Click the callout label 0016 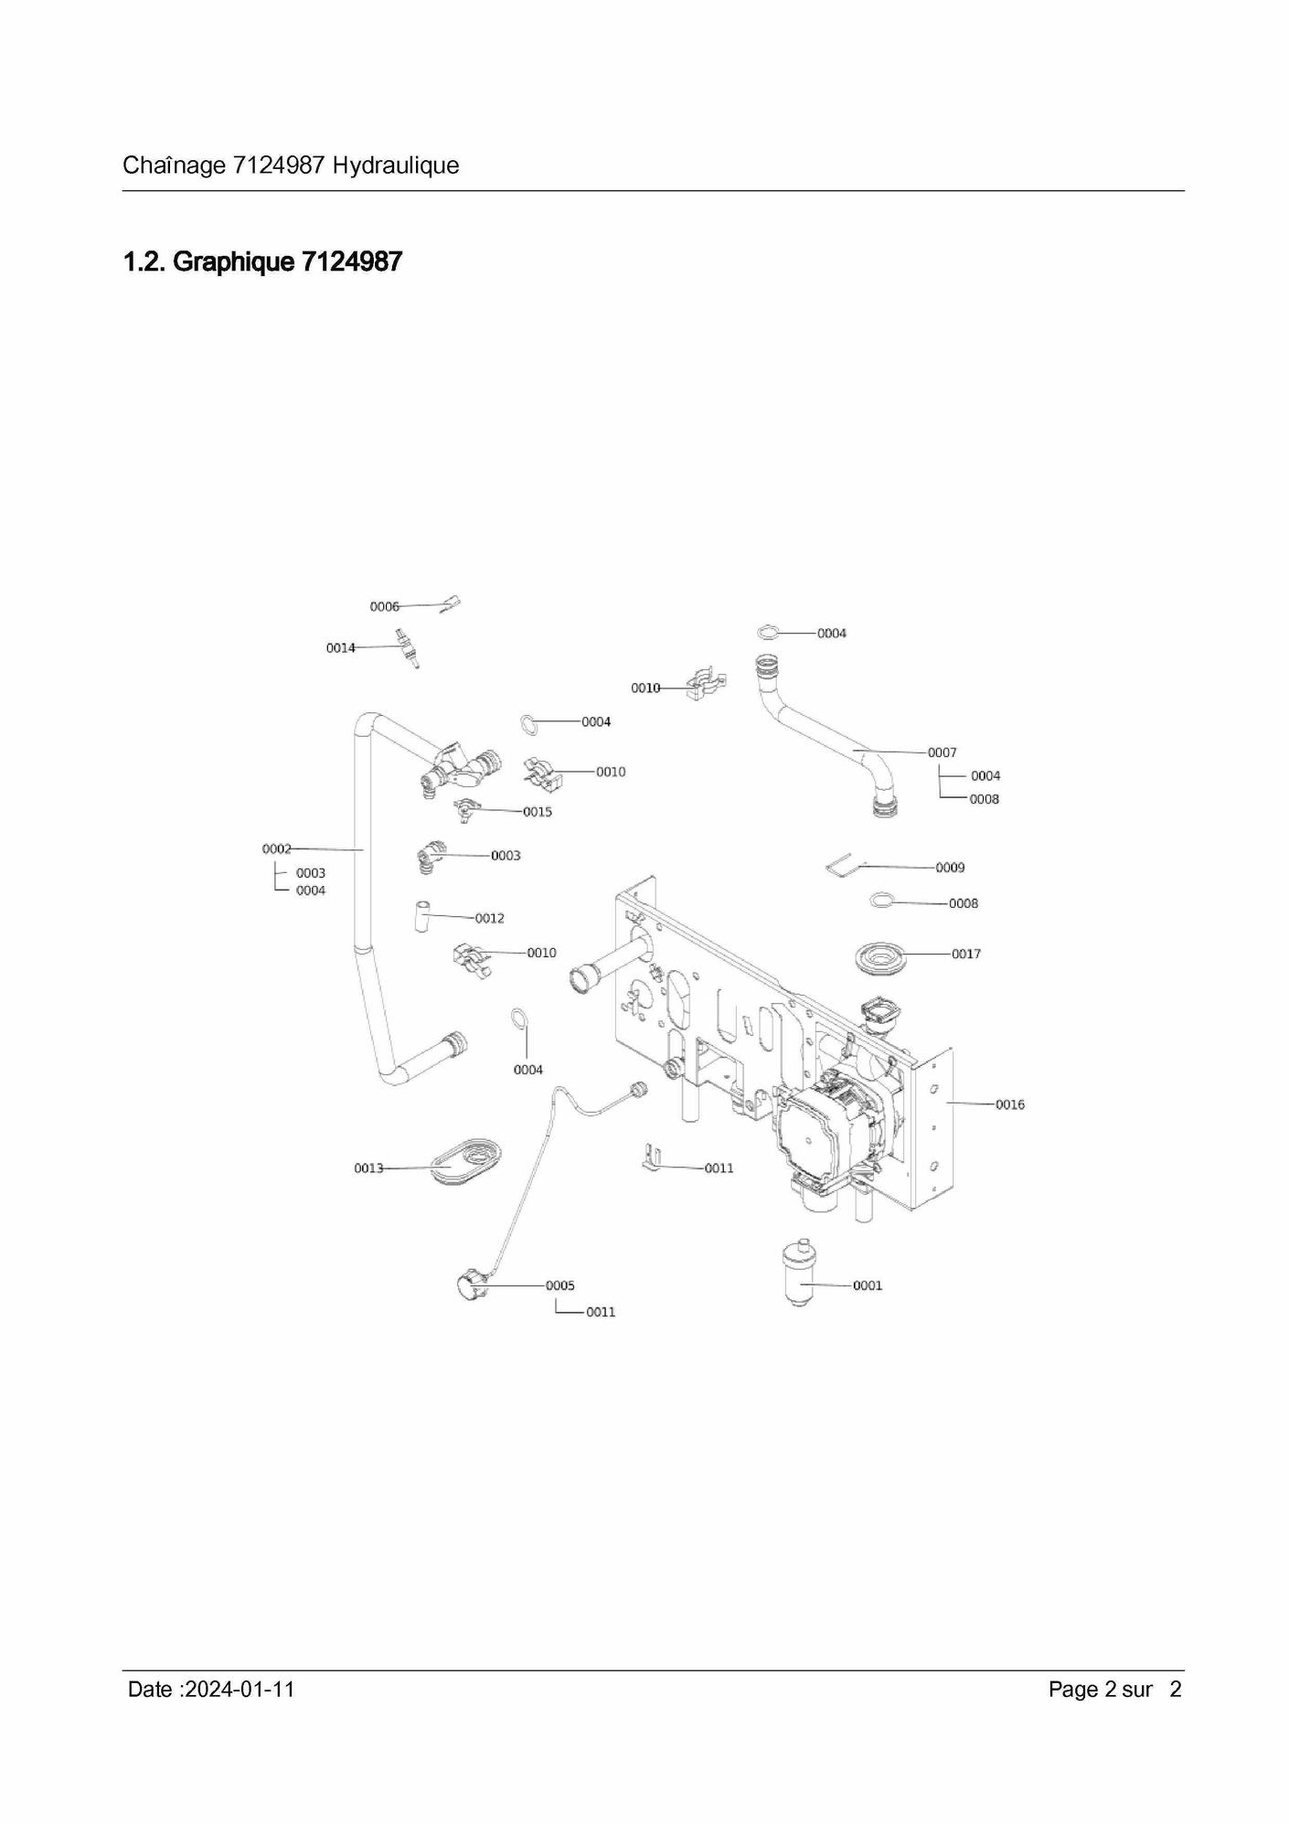coord(1010,1104)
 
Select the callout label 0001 coord(868,1285)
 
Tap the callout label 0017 coord(966,954)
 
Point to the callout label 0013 coord(368,1168)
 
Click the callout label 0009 coord(950,867)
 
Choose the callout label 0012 coord(489,918)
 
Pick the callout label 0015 coord(538,812)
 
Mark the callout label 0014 coord(341,648)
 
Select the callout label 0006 coord(385,607)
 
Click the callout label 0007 coord(943,752)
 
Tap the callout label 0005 coord(560,1285)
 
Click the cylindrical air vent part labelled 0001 coord(801,1273)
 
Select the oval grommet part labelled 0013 coord(467,1161)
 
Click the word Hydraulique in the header coord(396,165)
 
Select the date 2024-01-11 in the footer coord(240,1690)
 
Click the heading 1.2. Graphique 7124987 coord(263,261)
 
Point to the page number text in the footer coord(1115,1690)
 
